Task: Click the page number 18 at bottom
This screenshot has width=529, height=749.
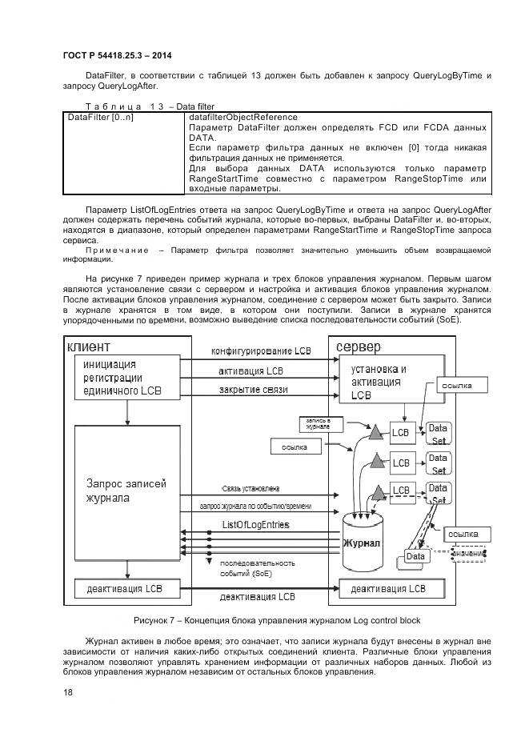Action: (x=68, y=693)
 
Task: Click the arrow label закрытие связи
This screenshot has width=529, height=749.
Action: (x=253, y=391)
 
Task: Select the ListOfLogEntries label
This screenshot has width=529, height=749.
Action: (x=255, y=524)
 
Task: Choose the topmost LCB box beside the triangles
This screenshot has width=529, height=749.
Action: (x=401, y=434)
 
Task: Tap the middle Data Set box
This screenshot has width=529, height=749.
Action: (x=437, y=463)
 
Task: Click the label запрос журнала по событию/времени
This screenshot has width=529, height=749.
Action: (x=255, y=507)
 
